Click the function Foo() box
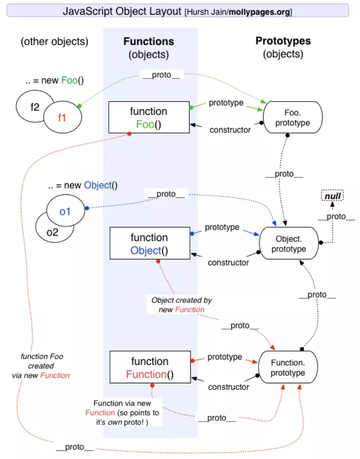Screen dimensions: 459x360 pos(149,117)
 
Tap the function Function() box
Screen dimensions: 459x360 pos(149,367)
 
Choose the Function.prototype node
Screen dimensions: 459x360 pos(288,367)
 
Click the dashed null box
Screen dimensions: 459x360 pos(332,195)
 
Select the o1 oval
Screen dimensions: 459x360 pos(65,211)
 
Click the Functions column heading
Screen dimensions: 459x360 pos(149,41)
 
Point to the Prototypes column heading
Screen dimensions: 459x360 pos(283,41)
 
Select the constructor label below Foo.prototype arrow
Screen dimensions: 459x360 pos(230,130)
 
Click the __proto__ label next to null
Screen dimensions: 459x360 pos(336,217)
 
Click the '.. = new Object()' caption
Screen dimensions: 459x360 pos(83,185)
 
